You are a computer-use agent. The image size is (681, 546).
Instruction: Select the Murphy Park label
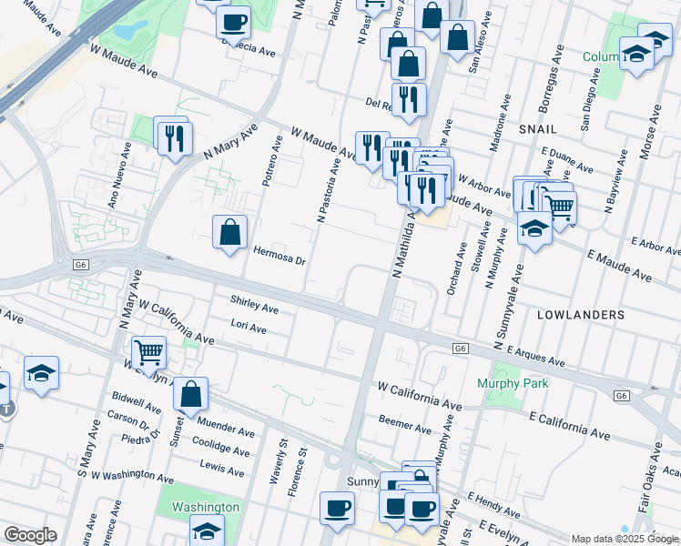tap(513, 383)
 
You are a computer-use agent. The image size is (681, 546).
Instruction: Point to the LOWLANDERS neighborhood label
tap(581, 314)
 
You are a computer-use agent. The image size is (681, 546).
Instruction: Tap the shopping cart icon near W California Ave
tap(148, 352)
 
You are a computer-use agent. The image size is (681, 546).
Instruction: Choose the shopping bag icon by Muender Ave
tap(190, 395)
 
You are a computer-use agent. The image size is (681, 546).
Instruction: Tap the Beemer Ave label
tap(405, 427)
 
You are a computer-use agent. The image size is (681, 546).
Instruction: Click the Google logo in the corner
tap(30, 535)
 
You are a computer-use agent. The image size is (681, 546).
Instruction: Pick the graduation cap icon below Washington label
tap(207, 531)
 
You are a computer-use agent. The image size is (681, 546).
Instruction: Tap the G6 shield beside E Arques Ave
tap(462, 348)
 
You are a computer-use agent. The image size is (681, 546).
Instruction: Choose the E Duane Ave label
tap(566, 159)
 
